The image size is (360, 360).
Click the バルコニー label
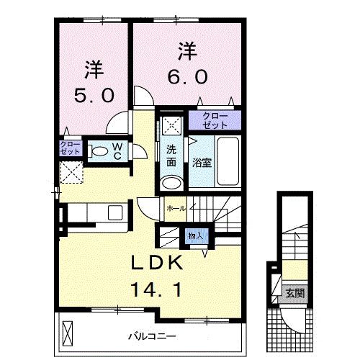153,336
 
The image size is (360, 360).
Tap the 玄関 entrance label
294,292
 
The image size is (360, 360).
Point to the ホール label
176,208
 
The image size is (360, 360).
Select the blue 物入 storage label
195,235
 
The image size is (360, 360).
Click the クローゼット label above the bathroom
215,120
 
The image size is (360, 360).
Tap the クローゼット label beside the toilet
70,149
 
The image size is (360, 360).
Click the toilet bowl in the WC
97,152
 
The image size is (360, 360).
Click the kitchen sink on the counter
114,213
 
